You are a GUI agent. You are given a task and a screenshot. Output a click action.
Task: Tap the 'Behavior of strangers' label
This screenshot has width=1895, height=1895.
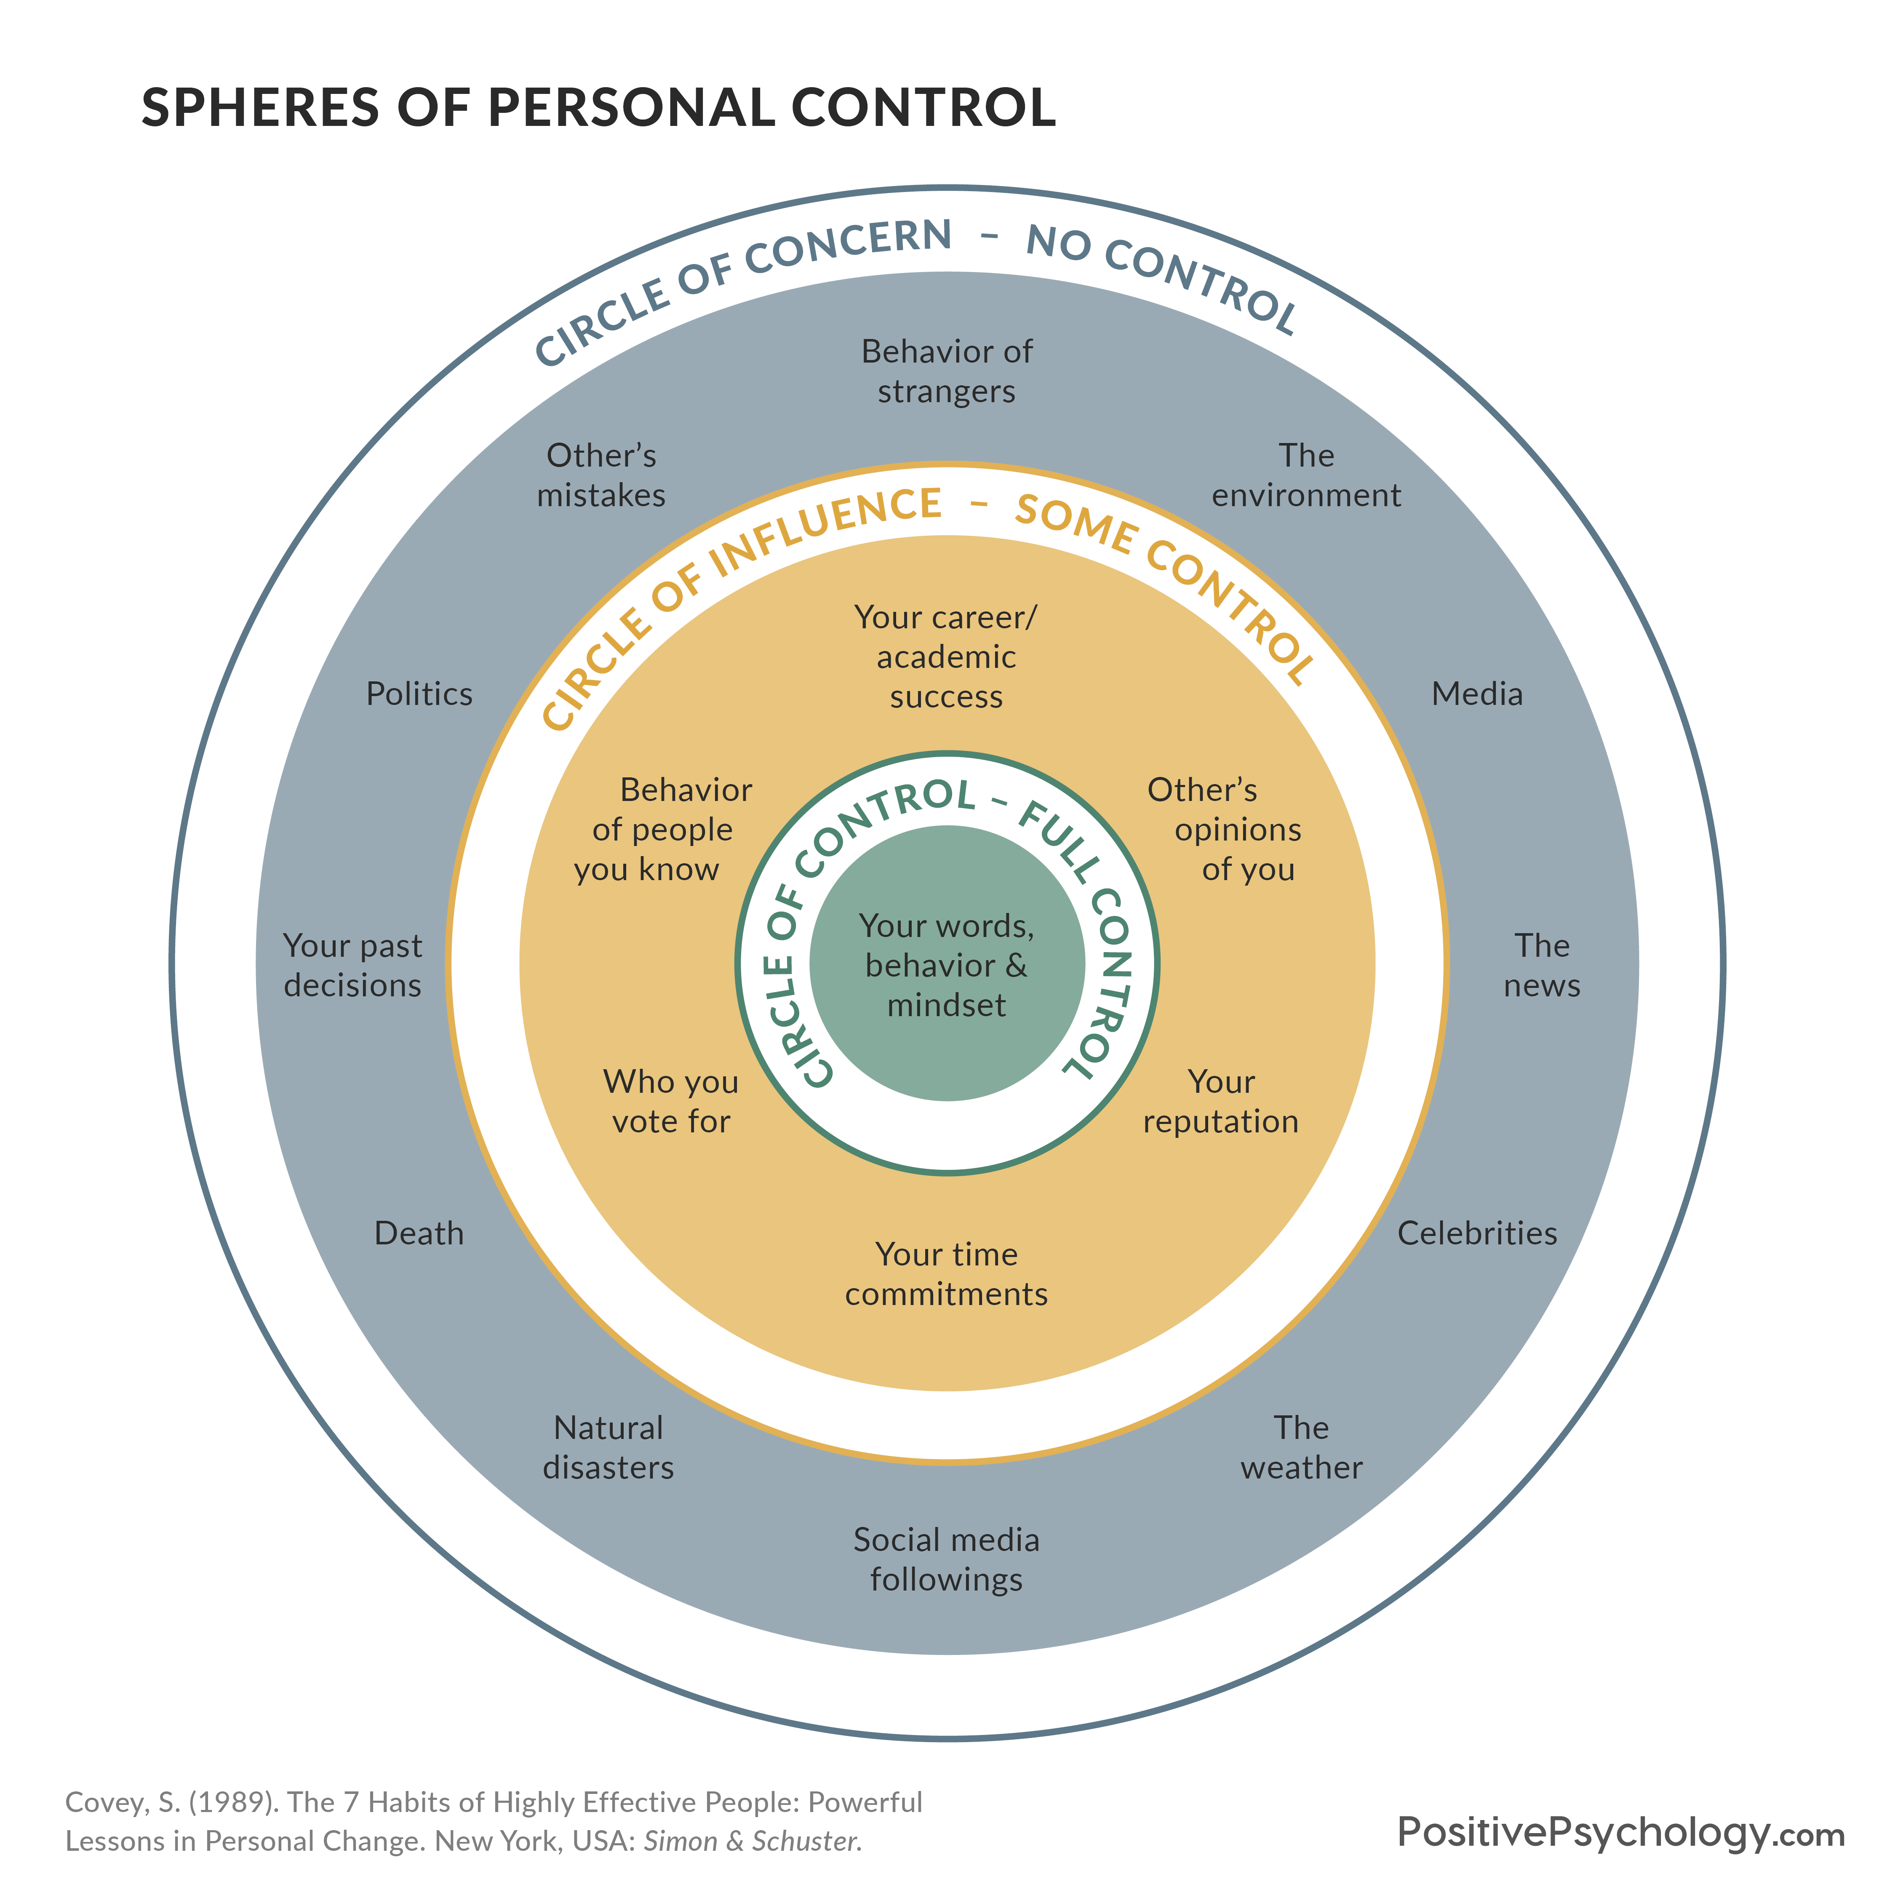[x=947, y=371]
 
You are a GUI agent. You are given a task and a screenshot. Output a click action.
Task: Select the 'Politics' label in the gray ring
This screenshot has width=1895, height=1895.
[x=419, y=694]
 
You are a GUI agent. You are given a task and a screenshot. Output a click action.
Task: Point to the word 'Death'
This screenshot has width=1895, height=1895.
[x=419, y=1233]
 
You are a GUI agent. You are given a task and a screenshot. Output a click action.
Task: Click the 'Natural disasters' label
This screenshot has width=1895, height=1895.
[x=608, y=1447]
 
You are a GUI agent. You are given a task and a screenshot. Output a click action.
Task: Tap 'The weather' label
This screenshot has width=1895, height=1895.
[x=1302, y=1447]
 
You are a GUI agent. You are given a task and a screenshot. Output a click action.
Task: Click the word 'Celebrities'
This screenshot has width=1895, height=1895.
[x=1477, y=1233]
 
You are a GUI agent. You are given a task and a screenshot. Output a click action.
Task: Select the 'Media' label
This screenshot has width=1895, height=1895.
[x=1477, y=694]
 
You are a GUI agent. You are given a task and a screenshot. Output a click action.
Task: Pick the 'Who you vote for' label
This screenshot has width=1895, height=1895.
[x=671, y=1100]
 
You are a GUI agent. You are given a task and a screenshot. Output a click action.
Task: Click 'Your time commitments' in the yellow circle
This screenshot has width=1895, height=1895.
[x=947, y=1273]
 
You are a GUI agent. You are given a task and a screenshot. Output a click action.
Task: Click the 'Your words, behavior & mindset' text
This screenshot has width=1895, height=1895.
[x=947, y=965]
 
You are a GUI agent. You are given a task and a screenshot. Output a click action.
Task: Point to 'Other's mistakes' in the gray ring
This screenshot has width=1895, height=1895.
[x=601, y=475]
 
